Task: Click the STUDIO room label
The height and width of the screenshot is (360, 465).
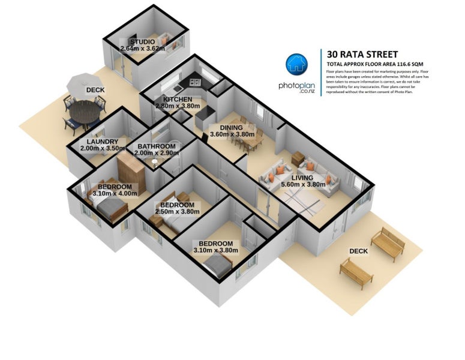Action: (x=142, y=41)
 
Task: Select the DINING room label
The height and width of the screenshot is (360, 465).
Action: (x=231, y=127)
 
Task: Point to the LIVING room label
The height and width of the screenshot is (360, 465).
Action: (x=303, y=178)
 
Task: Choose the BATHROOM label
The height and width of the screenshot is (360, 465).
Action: (x=156, y=146)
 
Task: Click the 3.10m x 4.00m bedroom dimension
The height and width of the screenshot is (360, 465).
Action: (x=118, y=193)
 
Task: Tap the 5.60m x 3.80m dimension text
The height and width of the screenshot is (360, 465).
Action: (x=303, y=185)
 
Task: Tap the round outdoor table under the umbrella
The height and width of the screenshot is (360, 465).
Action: (x=84, y=112)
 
